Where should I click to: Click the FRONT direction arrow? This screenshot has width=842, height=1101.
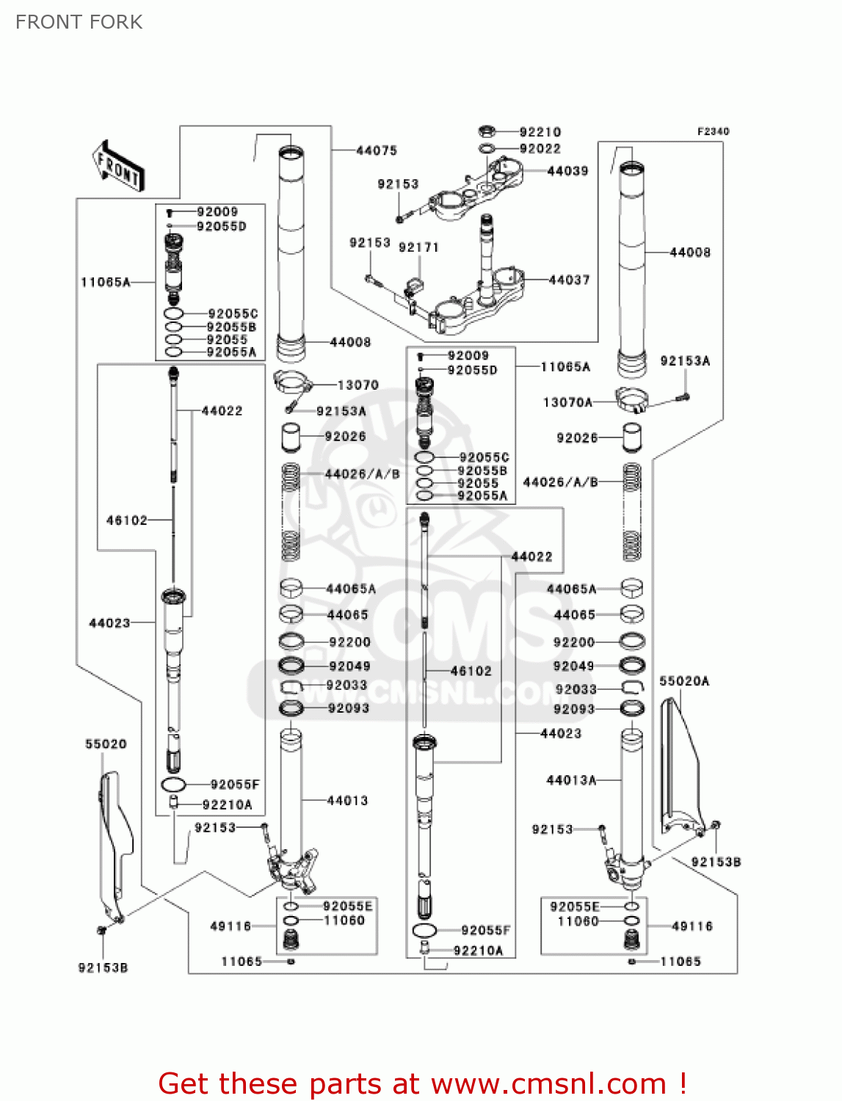pyautogui.click(x=117, y=166)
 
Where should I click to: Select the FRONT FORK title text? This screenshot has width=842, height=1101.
pyautogui.click(x=79, y=23)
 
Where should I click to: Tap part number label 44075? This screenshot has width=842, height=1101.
pyautogui.click(x=377, y=150)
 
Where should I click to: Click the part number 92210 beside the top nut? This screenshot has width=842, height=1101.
pyautogui.click(x=540, y=132)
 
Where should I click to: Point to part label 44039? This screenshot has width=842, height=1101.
pyautogui.click(x=568, y=171)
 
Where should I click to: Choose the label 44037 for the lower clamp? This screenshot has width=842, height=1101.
pyautogui.click(x=569, y=280)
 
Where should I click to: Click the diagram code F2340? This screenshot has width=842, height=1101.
pyautogui.click(x=713, y=131)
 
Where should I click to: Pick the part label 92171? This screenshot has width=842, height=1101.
pyautogui.click(x=418, y=247)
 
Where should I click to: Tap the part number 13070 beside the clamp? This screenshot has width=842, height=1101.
pyautogui.click(x=358, y=385)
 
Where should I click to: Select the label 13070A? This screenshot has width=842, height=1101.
pyautogui.click(x=567, y=402)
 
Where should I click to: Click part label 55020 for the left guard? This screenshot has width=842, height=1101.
pyautogui.click(x=106, y=744)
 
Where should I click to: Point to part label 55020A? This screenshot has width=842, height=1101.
pyautogui.click(x=684, y=681)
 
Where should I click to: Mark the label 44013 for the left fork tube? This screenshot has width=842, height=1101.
pyautogui.click(x=347, y=801)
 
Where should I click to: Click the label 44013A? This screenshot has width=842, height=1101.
pyautogui.click(x=571, y=780)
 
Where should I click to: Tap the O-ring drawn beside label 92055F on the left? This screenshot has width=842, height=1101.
pyautogui.click(x=174, y=785)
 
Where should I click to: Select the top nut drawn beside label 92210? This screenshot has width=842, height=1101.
pyautogui.click(x=485, y=132)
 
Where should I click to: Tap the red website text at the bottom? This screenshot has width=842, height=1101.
pyautogui.click(x=422, y=1083)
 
